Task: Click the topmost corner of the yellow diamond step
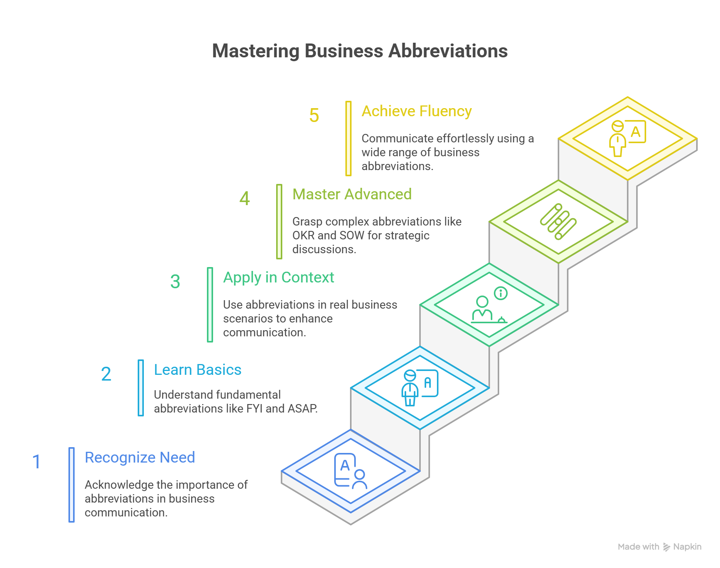tap(628, 97)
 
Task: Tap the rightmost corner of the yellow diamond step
tap(697, 139)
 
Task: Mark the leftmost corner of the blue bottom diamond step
tap(282, 471)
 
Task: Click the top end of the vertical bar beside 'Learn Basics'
tap(141, 361)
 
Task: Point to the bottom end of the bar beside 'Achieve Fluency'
tap(348, 175)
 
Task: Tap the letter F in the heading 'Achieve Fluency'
tap(424, 111)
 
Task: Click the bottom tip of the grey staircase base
tap(351, 524)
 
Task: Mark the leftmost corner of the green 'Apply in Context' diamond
tap(420, 305)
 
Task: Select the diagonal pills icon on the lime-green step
tap(558, 222)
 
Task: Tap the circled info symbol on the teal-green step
tap(501, 293)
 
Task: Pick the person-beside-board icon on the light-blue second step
tap(420, 388)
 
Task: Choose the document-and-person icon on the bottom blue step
tap(350, 471)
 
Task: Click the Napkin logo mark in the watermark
tap(667, 547)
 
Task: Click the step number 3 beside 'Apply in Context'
tap(175, 281)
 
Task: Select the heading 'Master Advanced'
tap(352, 194)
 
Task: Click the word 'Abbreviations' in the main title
tap(448, 51)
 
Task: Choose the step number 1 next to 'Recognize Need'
tap(37, 462)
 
